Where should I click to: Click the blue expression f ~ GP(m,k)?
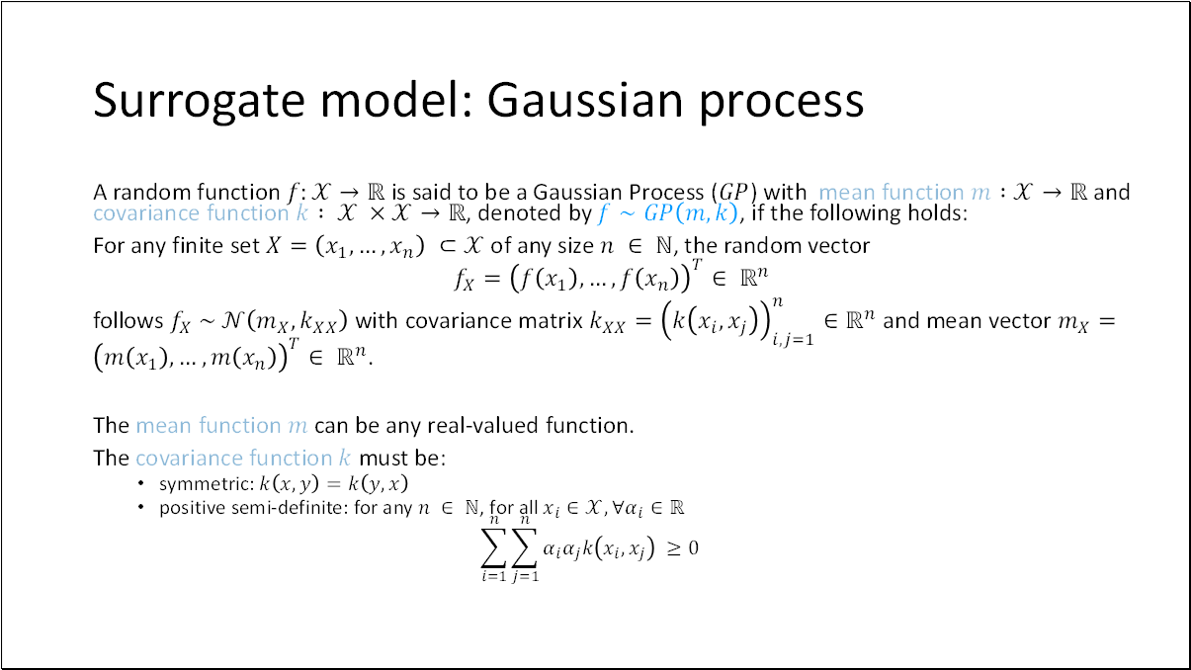click(668, 213)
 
